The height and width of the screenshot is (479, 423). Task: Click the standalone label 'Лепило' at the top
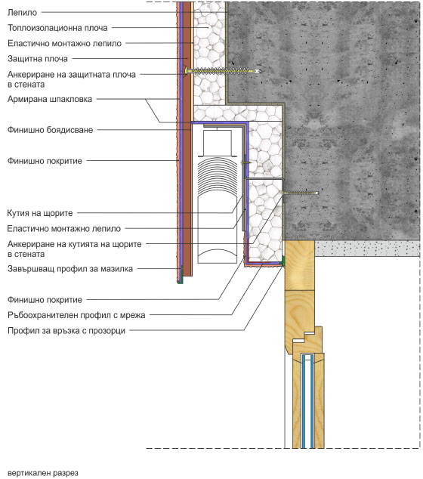[x=22, y=13]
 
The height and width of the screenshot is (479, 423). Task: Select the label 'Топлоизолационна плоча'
[x=57, y=28]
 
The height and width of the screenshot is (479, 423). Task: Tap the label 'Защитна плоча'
[x=38, y=59]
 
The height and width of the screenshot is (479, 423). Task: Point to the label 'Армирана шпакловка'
[x=50, y=99]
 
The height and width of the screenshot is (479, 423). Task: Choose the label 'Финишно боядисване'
[x=50, y=130]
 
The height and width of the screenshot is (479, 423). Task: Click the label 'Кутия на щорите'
[x=40, y=213]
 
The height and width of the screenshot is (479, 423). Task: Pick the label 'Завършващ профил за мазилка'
[x=70, y=269]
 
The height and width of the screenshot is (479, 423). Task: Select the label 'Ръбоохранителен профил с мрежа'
[x=76, y=315]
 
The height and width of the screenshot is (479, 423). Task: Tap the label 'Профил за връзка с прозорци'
[x=66, y=330]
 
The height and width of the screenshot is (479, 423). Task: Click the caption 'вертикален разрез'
[x=43, y=473]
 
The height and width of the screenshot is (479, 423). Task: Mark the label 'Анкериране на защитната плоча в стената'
[x=72, y=79]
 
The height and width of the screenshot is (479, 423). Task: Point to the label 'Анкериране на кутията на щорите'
[x=74, y=249]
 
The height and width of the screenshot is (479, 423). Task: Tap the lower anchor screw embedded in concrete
[x=301, y=193]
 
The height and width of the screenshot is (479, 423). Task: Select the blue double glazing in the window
[x=307, y=401]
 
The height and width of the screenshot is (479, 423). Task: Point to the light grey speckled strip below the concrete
[x=367, y=248]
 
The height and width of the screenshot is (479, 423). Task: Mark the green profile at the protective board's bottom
[x=181, y=275]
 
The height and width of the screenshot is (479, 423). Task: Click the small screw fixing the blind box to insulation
[x=245, y=163]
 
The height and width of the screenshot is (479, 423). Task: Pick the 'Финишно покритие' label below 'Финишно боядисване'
[x=45, y=161]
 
